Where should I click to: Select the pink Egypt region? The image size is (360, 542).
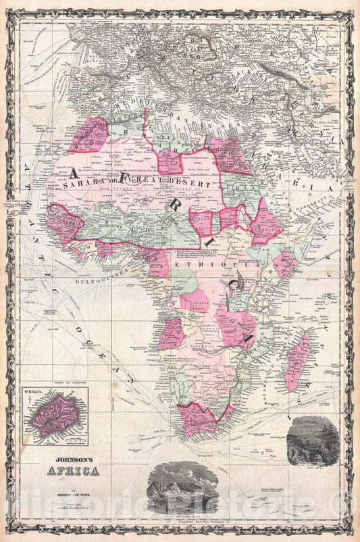click(x=229, y=155)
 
